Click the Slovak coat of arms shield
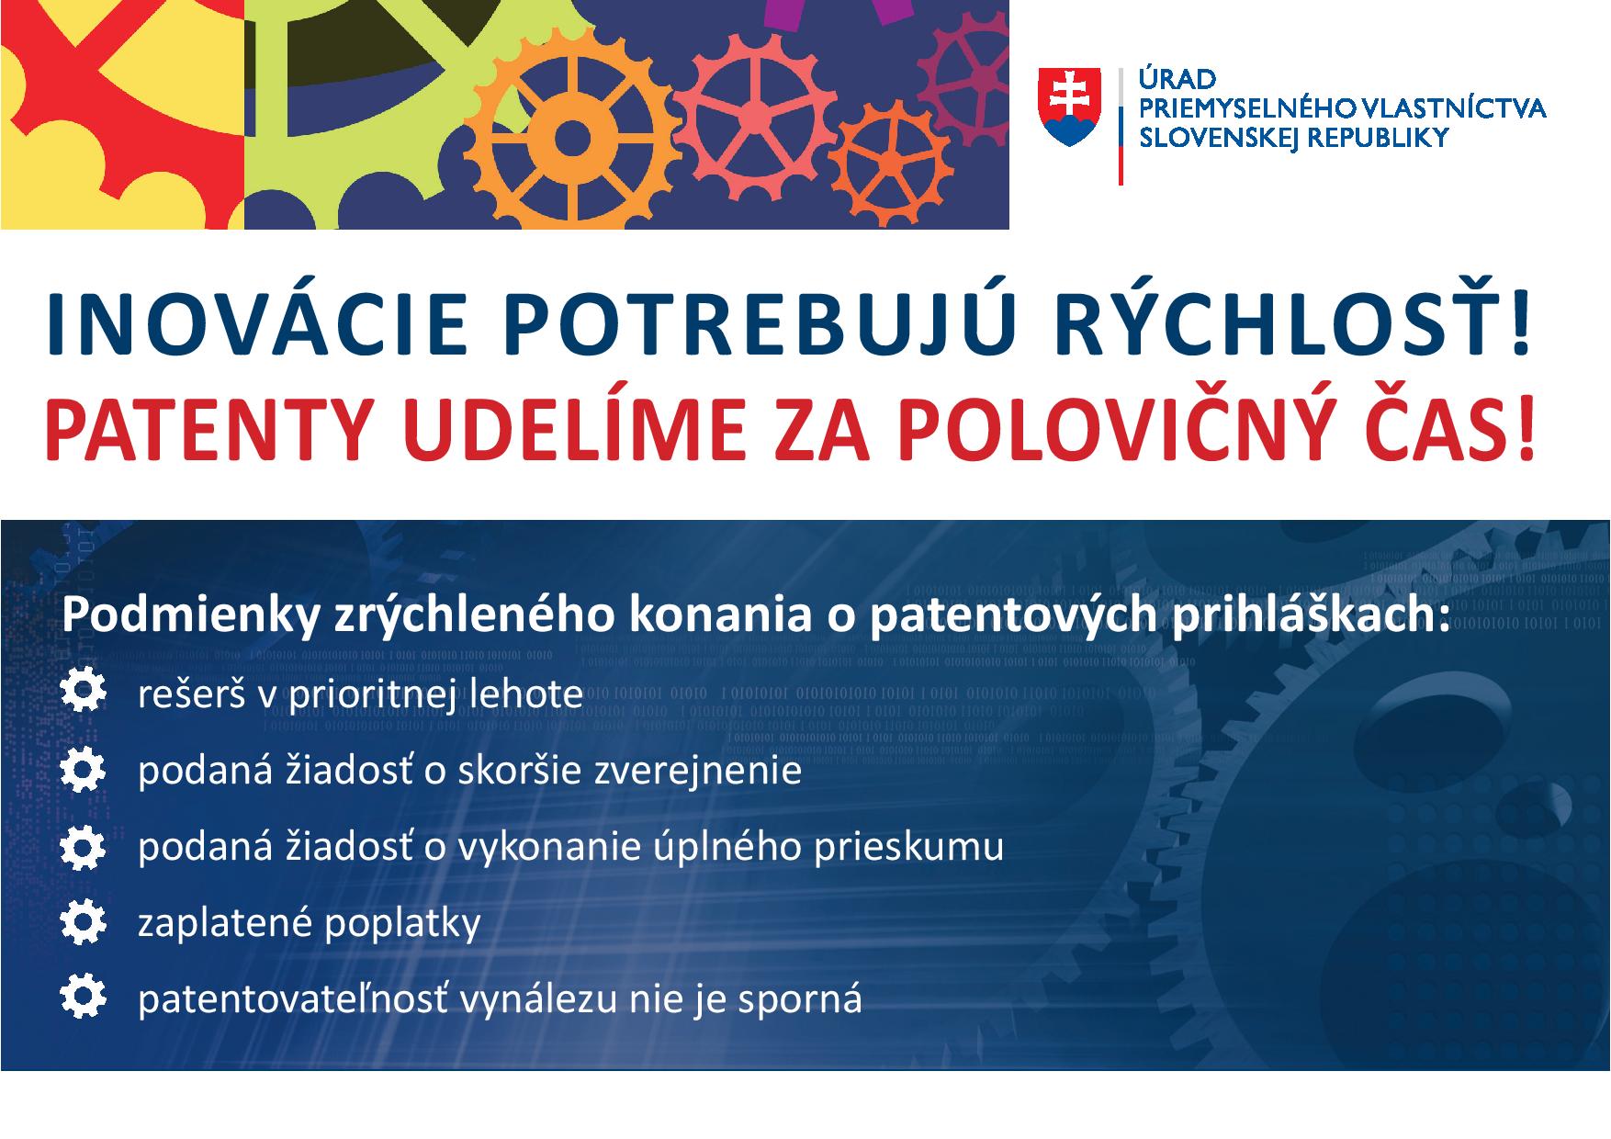click(1070, 107)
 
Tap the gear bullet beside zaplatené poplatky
click(83, 920)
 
